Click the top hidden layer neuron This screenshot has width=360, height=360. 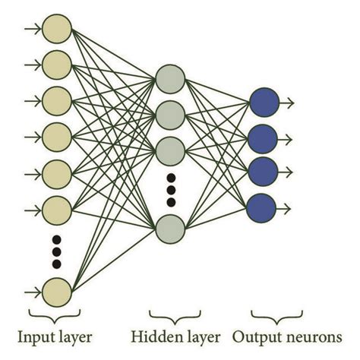[x=169, y=77]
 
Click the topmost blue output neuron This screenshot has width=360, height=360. [x=262, y=102]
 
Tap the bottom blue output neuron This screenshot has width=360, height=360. [x=262, y=205]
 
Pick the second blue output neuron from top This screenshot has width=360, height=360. [x=262, y=137]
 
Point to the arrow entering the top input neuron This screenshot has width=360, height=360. [x=33, y=29]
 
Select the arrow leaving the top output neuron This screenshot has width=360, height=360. [x=287, y=102]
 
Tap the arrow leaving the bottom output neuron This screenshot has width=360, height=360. [x=287, y=205]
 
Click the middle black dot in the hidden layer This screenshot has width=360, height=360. [x=170, y=190]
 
